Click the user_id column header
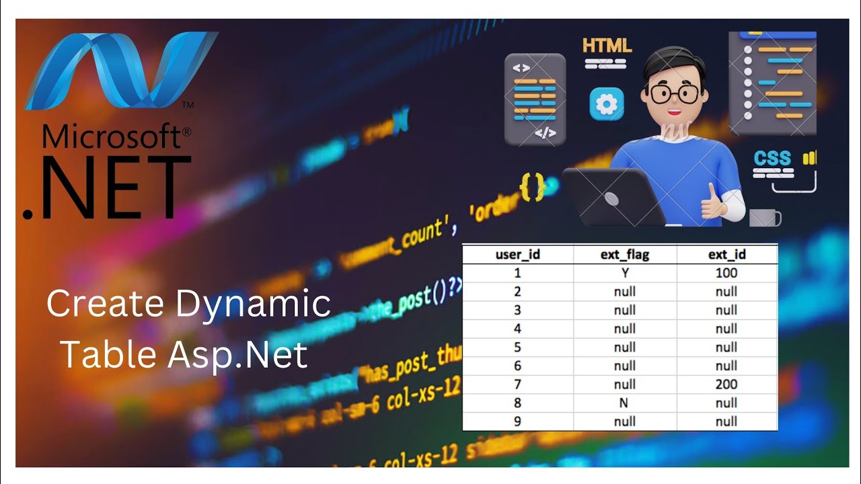(x=517, y=255)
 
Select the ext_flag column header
(x=624, y=255)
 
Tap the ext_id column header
(x=726, y=255)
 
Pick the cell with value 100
(x=726, y=273)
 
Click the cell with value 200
(x=726, y=385)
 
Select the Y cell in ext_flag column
(x=624, y=273)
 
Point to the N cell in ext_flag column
(x=624, y=403)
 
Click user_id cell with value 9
(x=517, y=421)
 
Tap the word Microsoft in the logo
(x=111, y=137)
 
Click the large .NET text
(x=108, y=188)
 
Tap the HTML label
(x=607, y=46)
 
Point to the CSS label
(x=772, y=159)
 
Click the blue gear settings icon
(x=607, y=104)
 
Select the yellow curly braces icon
(x=532, y=186)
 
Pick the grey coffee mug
(x=765, y=217)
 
